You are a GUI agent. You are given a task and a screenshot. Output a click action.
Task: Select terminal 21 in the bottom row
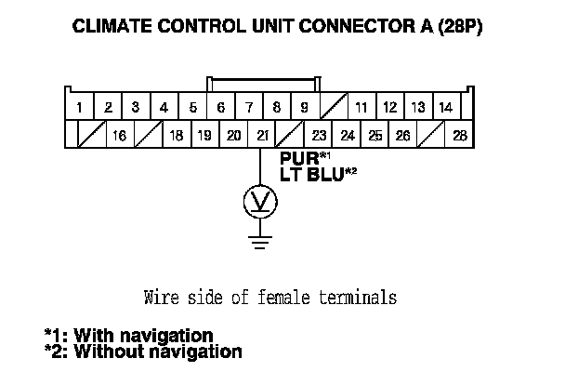click(263, 136)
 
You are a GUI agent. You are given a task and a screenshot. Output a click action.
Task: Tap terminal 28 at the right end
click(459, 136)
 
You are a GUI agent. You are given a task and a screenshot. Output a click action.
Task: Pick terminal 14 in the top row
click(445, 108)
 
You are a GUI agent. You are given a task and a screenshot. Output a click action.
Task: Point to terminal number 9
click(305, 108)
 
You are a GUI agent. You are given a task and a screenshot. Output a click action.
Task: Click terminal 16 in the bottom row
click(120, 136)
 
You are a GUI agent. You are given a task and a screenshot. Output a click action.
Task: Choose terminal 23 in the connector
click(320, 136)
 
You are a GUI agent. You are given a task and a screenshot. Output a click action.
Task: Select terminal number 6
click(220, 108)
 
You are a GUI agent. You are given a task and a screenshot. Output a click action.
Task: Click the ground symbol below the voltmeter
click(260, 244)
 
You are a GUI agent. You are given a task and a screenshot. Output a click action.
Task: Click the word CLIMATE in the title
click(115, 29)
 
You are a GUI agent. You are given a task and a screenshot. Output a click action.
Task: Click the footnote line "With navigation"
click(130, 335)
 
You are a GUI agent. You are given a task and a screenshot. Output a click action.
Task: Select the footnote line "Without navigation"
click(143, 352)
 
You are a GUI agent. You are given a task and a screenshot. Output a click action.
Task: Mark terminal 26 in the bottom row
click(403, 136)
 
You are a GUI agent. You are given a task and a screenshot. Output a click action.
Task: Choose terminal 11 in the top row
click(361, 108)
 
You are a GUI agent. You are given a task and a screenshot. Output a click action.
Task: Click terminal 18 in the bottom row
click(177, 136)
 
